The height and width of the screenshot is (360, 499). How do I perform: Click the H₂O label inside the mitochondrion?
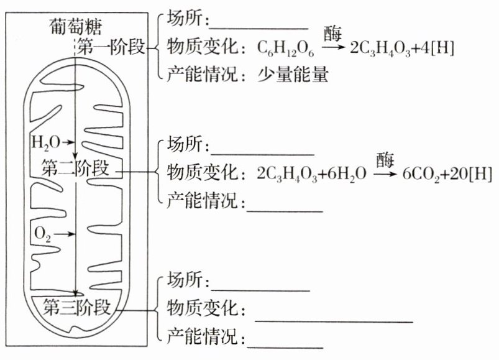(45, 142)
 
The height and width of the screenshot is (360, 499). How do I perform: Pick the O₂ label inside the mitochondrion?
(43, 234)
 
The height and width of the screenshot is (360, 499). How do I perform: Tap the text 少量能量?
(293, 76)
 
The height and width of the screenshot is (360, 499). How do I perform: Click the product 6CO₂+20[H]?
(444, 173)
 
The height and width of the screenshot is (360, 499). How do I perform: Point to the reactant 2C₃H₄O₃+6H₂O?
(311, 174)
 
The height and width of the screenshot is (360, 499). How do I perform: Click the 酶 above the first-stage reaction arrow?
(333, 32)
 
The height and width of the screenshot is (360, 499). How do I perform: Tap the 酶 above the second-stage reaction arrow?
(385, 159)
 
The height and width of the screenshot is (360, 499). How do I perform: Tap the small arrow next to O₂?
(66, 234)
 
